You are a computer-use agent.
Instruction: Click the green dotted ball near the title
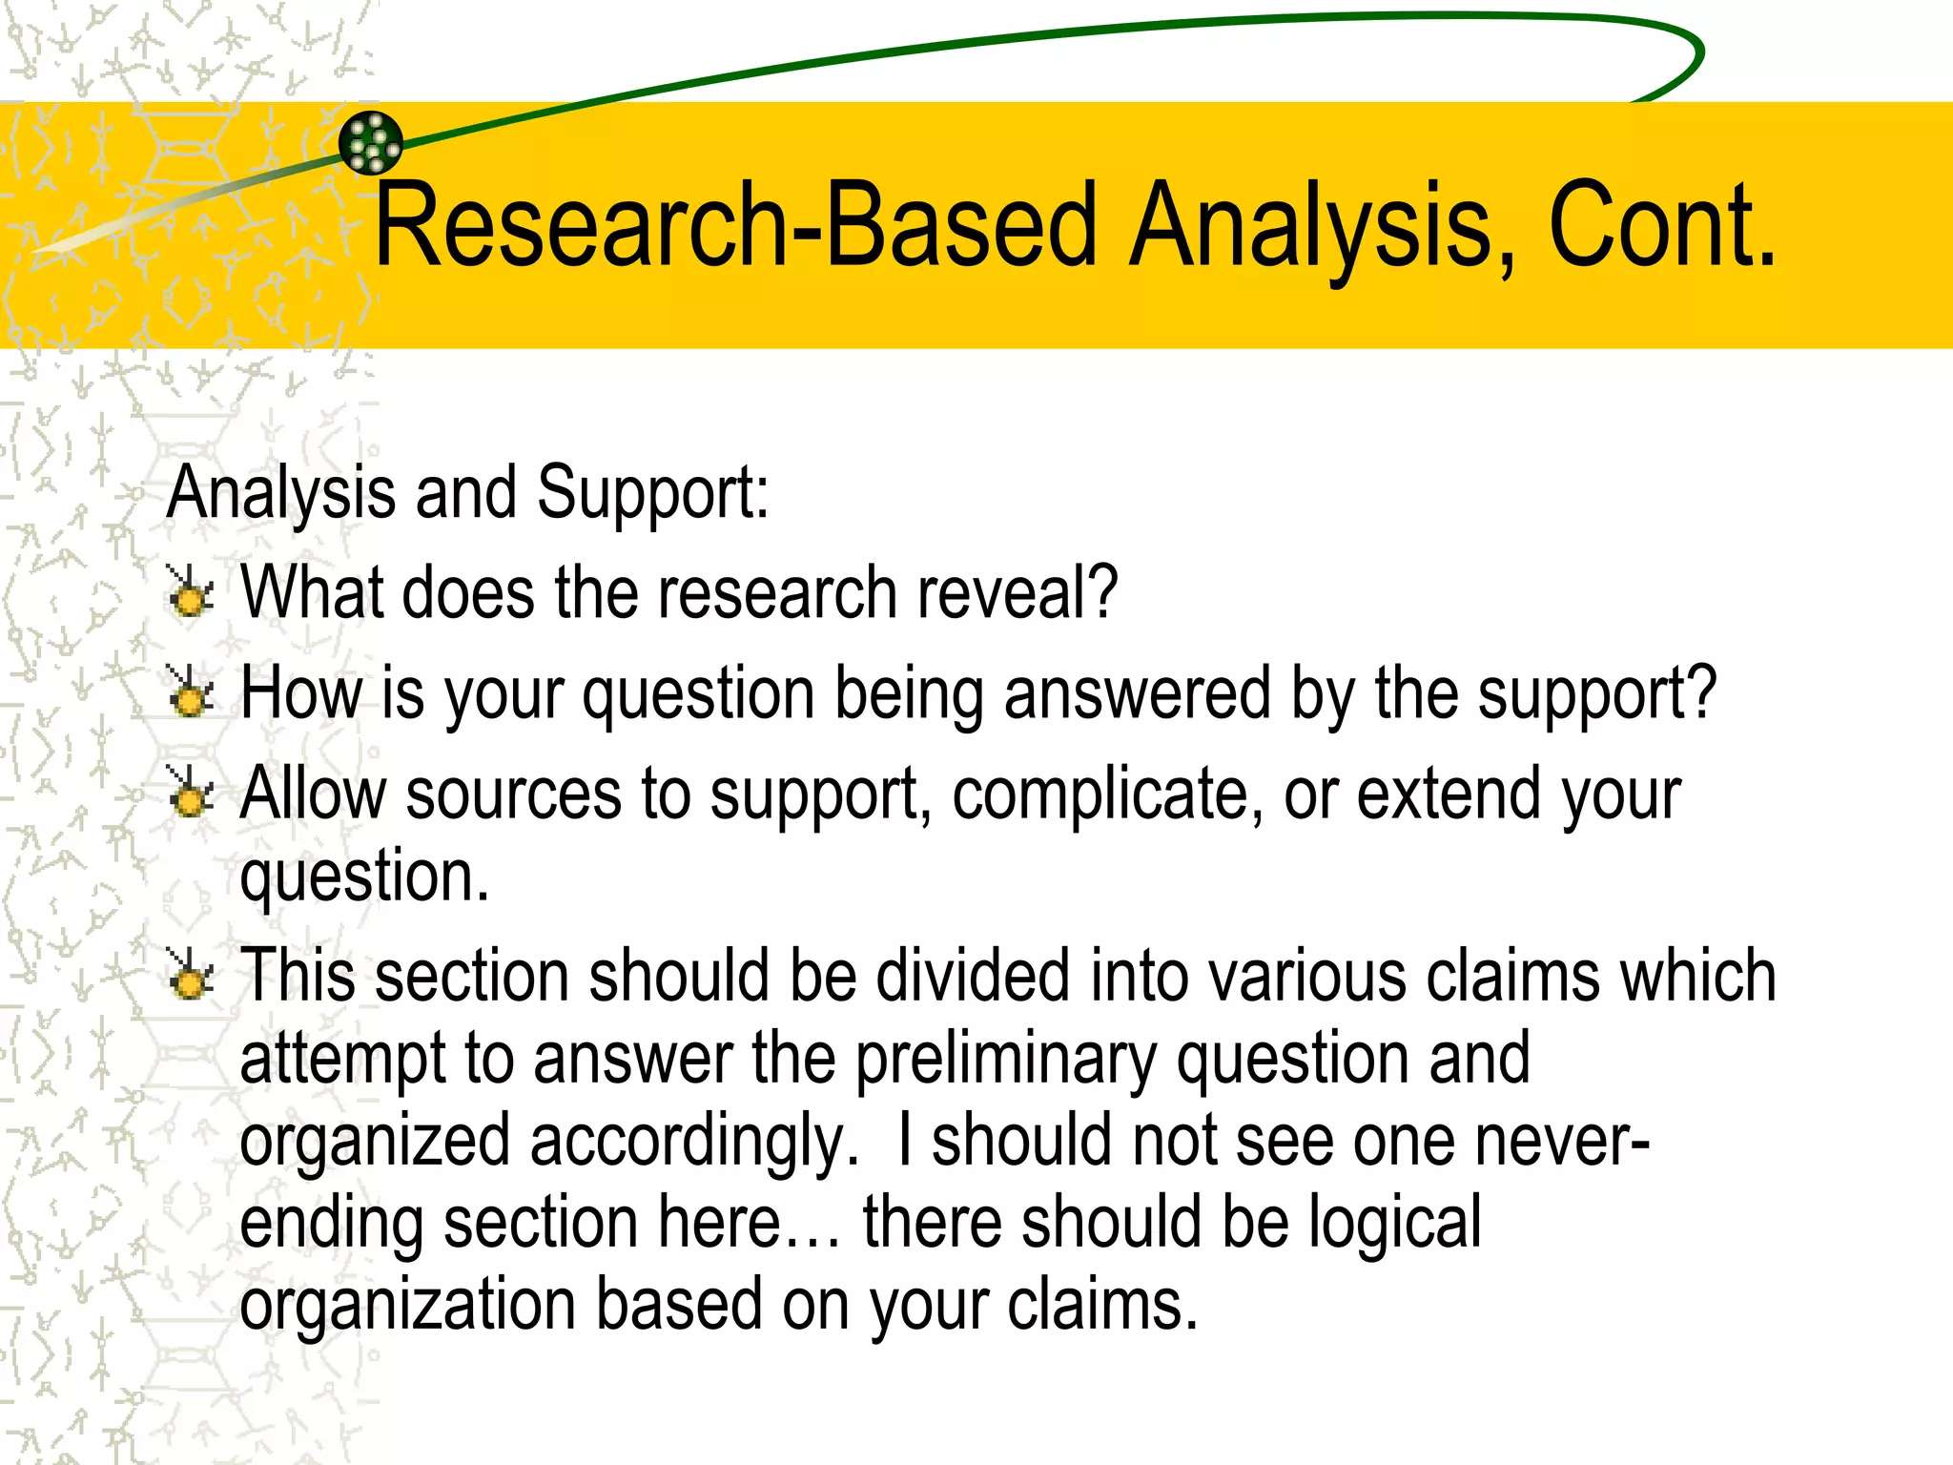pyautogui.click(x=371, y=143)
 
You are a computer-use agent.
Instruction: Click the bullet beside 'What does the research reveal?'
pyautogui.click(x=191, y=592)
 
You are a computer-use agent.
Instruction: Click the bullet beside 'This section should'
pyautogui.click(x=191, y=975)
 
